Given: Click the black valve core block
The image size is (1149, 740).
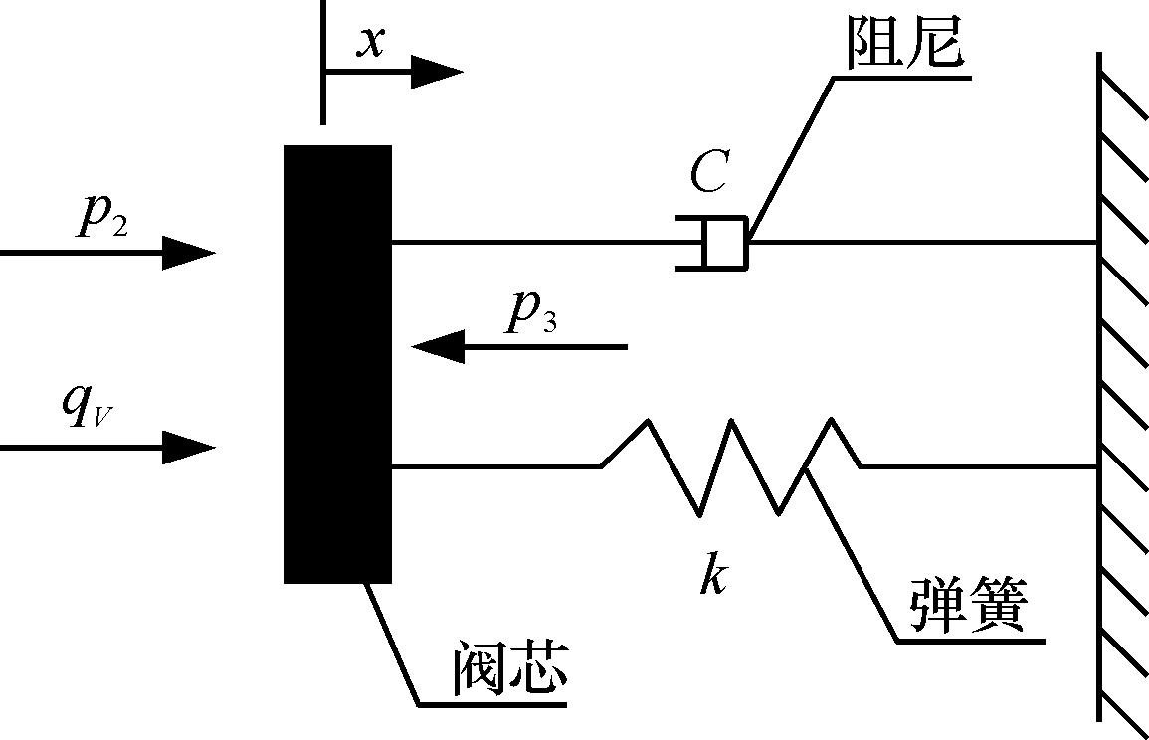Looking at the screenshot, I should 337,363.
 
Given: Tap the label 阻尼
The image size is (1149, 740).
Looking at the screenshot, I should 904,42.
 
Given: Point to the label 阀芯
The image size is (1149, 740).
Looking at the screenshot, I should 509,668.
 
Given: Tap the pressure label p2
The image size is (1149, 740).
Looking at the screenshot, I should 101,216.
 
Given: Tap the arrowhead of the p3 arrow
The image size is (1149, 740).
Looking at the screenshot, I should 439,347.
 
